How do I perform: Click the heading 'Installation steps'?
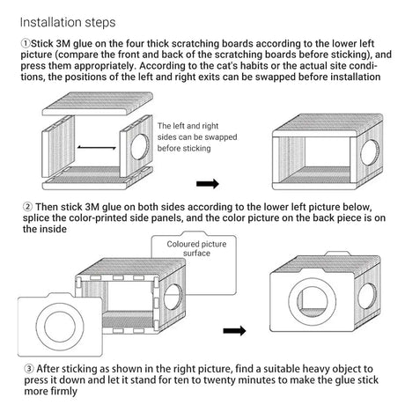[x=68, y=23]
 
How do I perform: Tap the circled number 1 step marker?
[x=26, y=43]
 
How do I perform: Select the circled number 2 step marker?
[x=27, y=207]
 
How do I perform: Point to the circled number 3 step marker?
[x=29, y=369]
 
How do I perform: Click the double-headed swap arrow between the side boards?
[x=97, y=147]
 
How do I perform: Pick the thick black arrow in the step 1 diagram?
[x=208, y=184]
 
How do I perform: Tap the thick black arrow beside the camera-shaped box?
[x=234, y=331]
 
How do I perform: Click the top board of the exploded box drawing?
[x=98, y=104]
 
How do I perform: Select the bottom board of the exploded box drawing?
[x=98, y=179]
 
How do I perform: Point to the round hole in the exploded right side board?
[x=140, y=147]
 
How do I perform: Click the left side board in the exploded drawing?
[x=58, y=146]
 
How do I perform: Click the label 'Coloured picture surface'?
[x=196, y=248]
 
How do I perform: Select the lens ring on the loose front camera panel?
[x=60, y=327]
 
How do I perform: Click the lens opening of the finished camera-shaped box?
[x=313, y=301]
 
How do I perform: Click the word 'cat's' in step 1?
[x=232, y=66]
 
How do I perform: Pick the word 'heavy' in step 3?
[x=317, y=369]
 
